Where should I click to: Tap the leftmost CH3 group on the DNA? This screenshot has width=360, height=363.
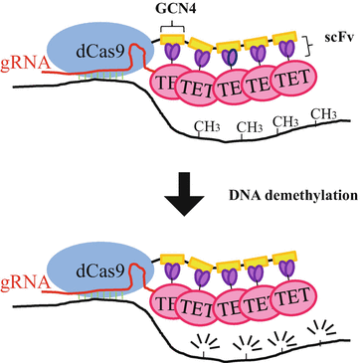tap(211, 128)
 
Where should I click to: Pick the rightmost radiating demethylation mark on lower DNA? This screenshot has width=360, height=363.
tap(323, 327)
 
